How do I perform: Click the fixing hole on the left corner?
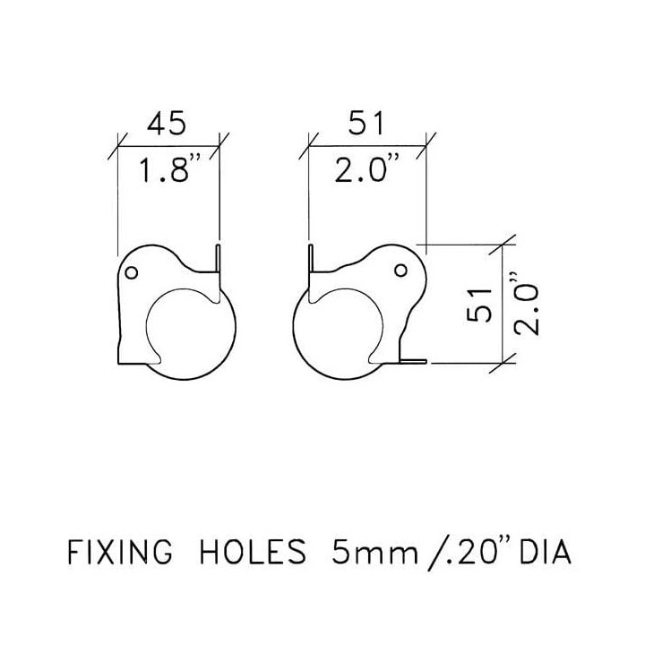(131, 272)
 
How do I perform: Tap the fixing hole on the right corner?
(400, 271)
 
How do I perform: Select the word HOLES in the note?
(254, 552)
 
